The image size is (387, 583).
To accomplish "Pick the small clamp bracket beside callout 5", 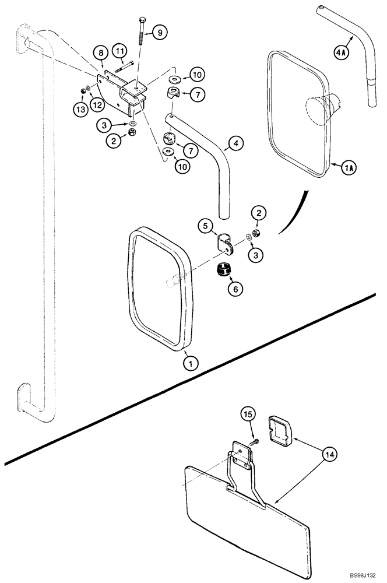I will tap(223, 244).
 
